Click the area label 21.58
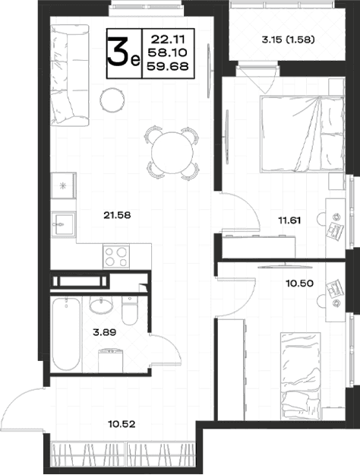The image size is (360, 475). tap(117, 215)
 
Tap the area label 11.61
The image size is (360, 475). tap(289, 220)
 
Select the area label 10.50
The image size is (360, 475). tap(300, 283)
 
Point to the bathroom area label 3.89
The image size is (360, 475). tap(105, 333)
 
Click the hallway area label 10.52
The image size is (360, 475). tap(122, 424)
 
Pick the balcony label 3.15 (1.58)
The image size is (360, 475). tap(288, 40)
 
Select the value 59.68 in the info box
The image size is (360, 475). tap(168, 66)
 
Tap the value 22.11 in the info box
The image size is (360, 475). tap(168, 39)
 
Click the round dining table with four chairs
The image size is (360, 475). tap(172, 153)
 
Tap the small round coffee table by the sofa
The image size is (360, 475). tap(112, 100)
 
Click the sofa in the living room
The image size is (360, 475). tap(70, 74)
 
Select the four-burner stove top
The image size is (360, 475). tap(116, 257)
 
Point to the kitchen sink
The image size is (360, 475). tap(64, 224)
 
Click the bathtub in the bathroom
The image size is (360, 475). tap(66, 334)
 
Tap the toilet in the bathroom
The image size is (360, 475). tap(130, 311)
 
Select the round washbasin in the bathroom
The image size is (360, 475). tap(101, 305)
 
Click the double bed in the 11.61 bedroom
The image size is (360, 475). tap(302, 135)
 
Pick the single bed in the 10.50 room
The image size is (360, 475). tap(300, 376)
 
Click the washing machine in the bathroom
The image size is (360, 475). tap(111, 360)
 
